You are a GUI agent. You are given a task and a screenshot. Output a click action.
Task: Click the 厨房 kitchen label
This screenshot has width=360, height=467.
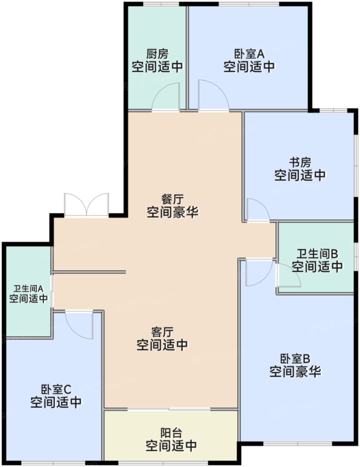(157, 54)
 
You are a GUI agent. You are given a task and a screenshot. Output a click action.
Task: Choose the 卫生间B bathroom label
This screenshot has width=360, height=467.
(317, 254)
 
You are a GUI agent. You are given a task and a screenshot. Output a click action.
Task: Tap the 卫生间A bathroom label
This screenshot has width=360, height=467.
(28, 288)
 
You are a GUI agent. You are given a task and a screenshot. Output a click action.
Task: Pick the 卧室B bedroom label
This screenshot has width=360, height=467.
(295, 358)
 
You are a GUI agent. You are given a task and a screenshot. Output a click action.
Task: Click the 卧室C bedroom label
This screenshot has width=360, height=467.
(56, 390)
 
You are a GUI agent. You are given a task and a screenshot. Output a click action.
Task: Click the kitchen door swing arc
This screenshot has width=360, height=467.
(165, 97)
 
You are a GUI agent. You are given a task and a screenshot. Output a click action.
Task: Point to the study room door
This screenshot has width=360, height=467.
(257, 210)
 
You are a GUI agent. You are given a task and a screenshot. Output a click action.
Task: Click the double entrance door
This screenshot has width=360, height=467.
(86, 205)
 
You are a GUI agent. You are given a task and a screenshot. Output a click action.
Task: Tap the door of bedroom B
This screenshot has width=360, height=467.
(258, 273)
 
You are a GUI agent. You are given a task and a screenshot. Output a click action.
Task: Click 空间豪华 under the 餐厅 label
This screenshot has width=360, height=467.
(172, 212)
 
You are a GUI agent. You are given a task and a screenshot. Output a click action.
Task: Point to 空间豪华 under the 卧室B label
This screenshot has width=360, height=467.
(295, 372)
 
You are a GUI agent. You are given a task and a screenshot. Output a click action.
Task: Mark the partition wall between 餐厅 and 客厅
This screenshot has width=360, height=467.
(89, 272)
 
